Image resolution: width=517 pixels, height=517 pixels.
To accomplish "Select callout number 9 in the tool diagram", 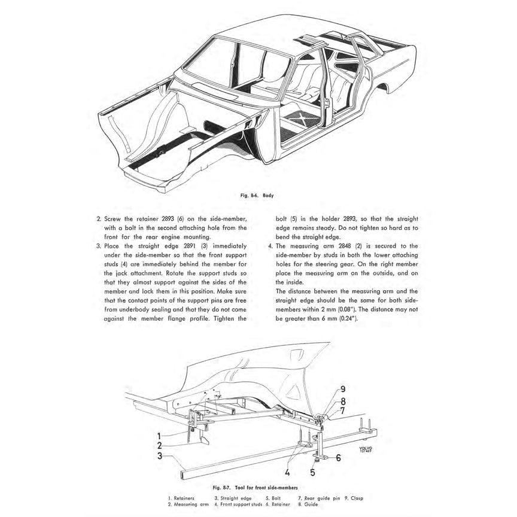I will (x=343, y=388).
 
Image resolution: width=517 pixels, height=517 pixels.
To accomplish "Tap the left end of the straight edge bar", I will (x=181, y=476).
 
